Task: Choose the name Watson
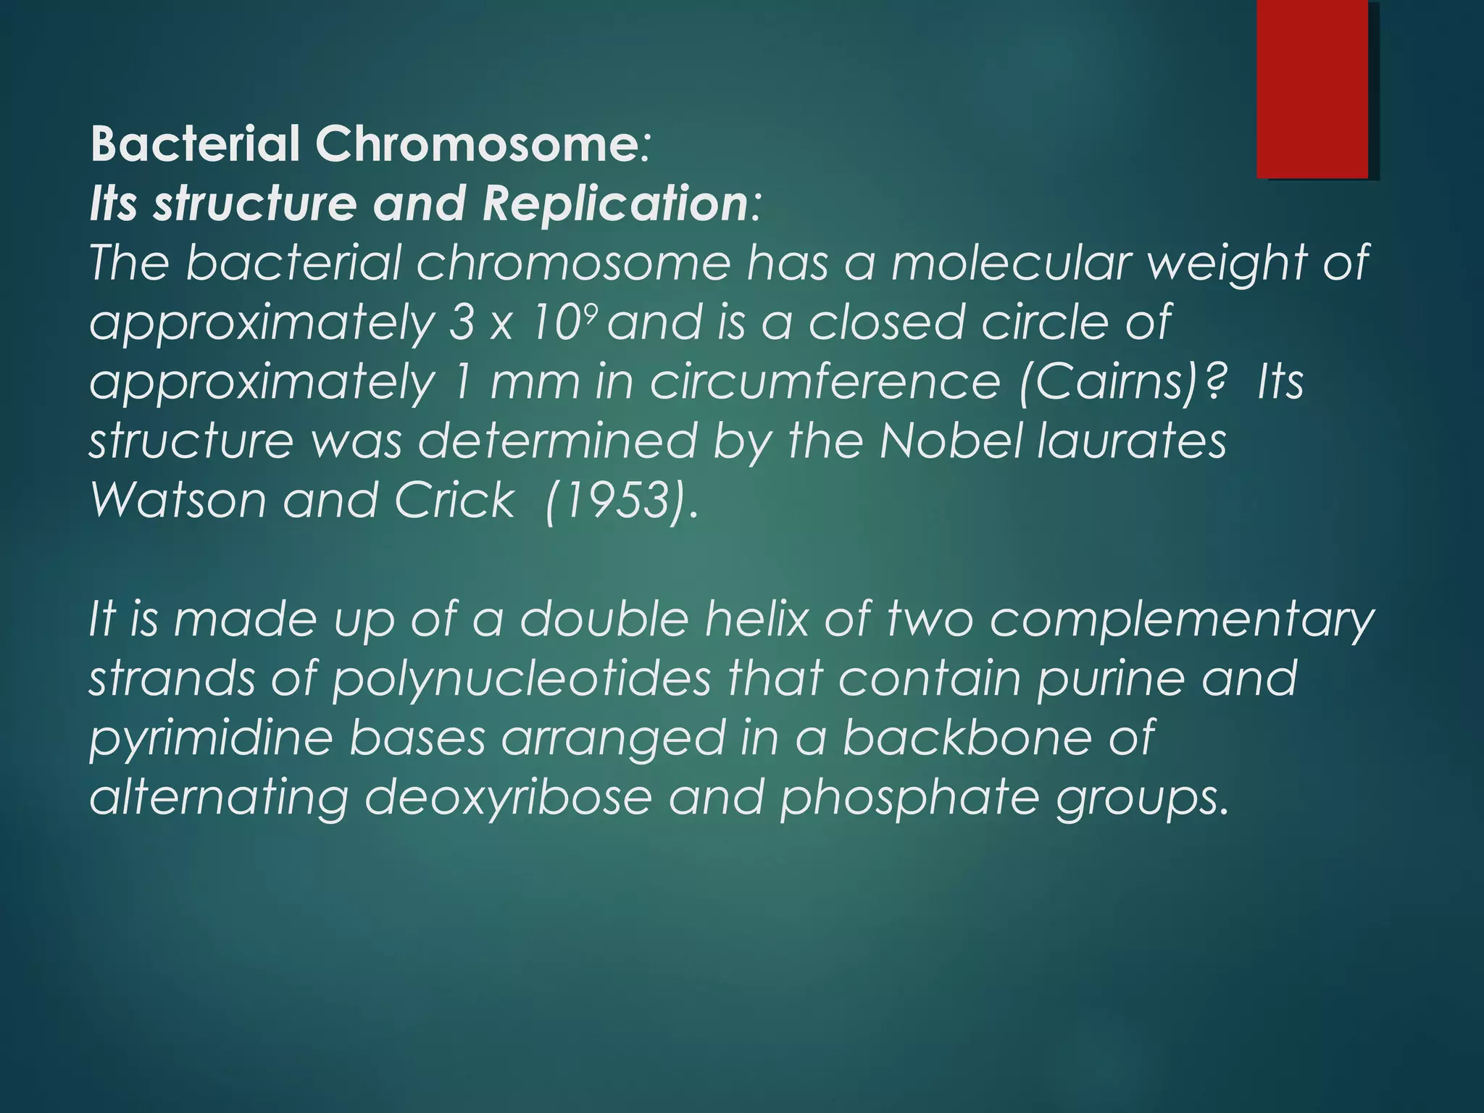coord(178,500)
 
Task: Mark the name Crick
coord(454,500)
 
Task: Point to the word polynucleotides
coord(522,680)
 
